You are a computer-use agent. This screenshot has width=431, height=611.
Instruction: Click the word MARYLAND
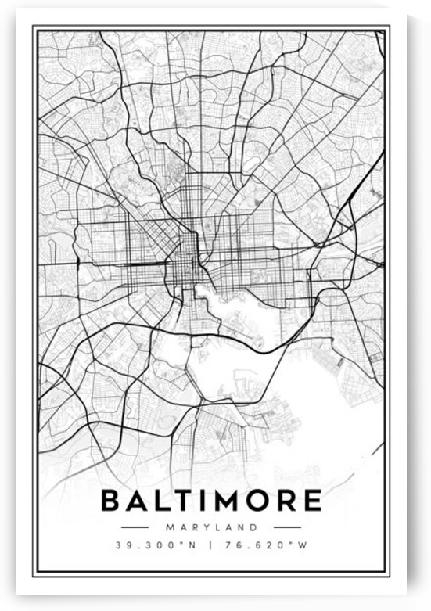point(211,527)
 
